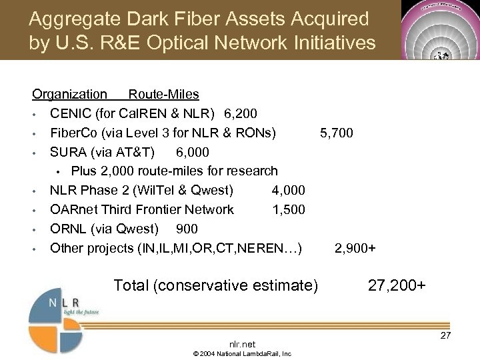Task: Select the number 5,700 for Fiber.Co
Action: tap(337, 133)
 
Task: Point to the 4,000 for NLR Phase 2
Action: tap(288, 191)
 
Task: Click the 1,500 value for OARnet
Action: tap(288, 210)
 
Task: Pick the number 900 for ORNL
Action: tap(187, 229)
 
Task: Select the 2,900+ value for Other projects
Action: tap(355, 249)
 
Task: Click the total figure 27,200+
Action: tap(397, 286)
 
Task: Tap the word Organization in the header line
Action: tap(70, 95)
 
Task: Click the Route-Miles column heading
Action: tap(163, 95)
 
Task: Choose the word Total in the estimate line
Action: tap(131, 286)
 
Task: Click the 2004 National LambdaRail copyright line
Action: tap(242, 353)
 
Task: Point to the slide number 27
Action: tap(445, 335)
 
